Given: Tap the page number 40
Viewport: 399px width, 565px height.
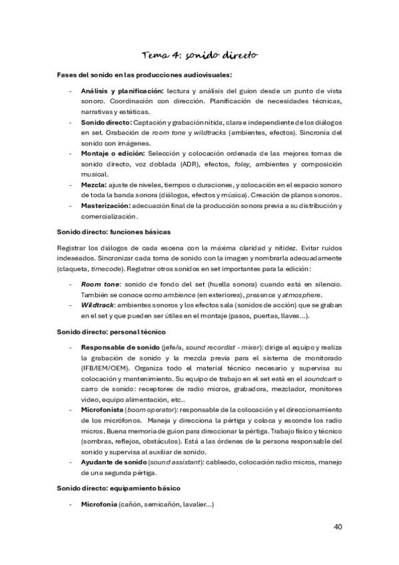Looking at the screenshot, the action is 338,526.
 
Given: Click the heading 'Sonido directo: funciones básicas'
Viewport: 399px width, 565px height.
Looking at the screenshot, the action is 115,231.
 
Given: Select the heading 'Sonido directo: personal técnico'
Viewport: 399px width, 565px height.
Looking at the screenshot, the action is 113,331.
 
